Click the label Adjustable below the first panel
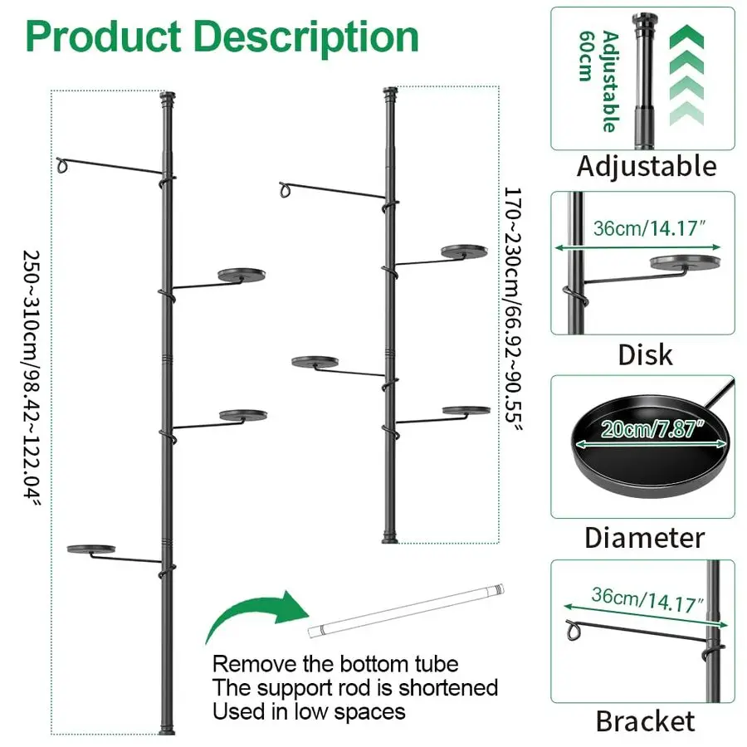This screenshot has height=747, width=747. [647, 166]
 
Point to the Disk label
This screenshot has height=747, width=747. [645, 355]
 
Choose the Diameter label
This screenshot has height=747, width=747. [644, 537]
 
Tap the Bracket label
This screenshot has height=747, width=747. [645, 720]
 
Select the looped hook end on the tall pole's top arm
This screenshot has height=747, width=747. [62, 165]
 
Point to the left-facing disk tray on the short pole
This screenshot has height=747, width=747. [315, 362]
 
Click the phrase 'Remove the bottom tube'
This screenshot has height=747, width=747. [335, 664]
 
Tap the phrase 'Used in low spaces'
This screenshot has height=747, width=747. [309, 711]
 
